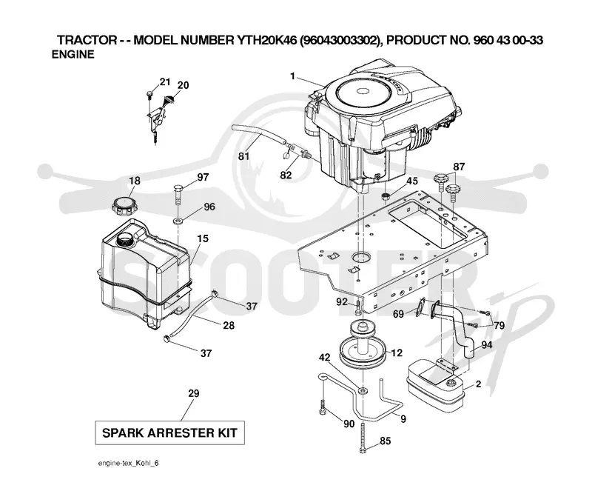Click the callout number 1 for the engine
pos(292,76)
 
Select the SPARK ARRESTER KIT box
pos(169,432)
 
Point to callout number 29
pos(194,393)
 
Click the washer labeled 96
pos(178,221)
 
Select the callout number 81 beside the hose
pos(244,156)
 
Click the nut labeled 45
pos(386,196)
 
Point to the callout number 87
pos(459,167)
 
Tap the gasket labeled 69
pos(420,307)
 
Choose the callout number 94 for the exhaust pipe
pos(486,344)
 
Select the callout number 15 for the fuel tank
pos(202,238)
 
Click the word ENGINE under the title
pos(73,54)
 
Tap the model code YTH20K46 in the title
pos(266,40)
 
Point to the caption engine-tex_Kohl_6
pos(128,464)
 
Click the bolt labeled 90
pos(323,407)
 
